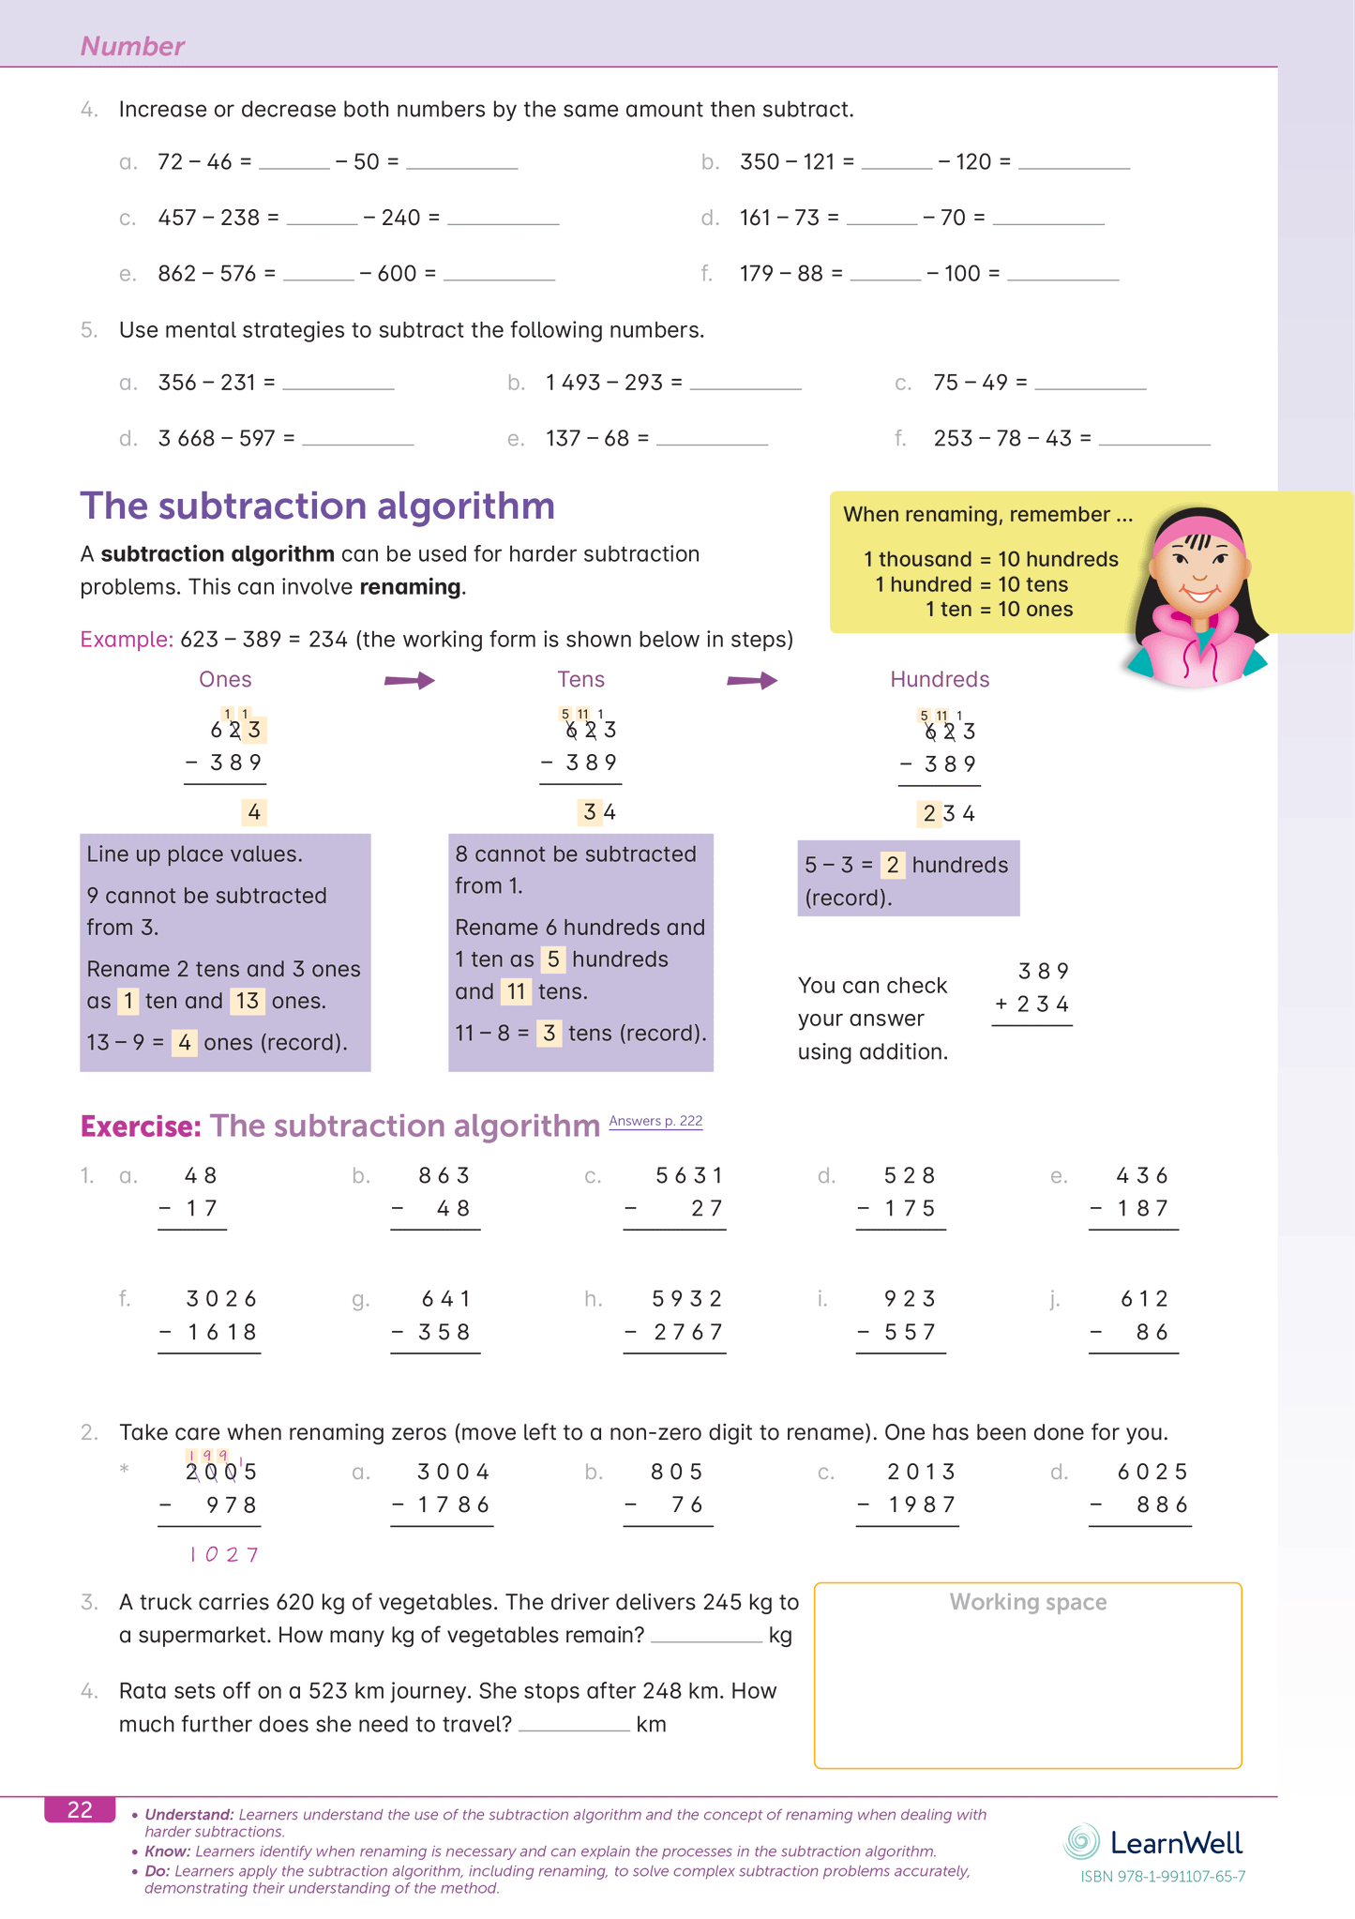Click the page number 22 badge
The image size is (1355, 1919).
[80, 1809]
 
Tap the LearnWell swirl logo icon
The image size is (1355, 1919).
[1081, 1842]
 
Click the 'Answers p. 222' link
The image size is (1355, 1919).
[655, 1121]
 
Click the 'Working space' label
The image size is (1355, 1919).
[1028, 1602]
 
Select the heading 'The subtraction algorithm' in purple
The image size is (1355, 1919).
[317, 506]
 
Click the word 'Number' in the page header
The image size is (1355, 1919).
[132, 46]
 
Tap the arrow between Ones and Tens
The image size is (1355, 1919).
[410, 680]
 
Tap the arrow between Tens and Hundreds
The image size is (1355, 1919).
[752, 680]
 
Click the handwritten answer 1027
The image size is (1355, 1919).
[223, 1554]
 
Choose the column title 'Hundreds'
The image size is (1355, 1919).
[940, 679]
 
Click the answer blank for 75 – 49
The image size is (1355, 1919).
[1090, 384]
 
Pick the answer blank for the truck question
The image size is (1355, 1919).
[706, 1636]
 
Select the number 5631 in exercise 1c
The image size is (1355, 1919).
[689, 1175]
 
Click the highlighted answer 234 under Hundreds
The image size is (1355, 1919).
[948, 813]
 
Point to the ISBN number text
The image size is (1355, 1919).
[1163, 1877]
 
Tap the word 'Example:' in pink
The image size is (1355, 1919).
[127, 640]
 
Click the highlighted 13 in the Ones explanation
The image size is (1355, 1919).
[247, 1001]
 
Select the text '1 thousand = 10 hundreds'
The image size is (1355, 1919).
[990, 559]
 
